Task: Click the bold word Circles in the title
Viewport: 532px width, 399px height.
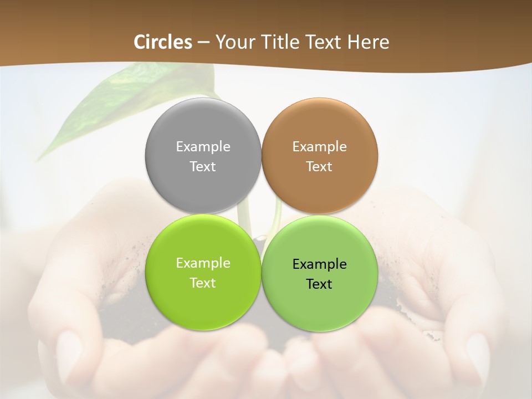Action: (x=163, y=42)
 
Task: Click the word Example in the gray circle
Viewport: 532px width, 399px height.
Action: (x=203, y=147)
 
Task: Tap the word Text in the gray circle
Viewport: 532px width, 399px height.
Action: (x=203, y=167)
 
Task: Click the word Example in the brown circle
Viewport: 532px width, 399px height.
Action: (x=320, y=147)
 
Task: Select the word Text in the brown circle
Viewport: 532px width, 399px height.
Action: (x=320, y=167)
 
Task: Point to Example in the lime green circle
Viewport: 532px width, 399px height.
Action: (x=203, y=263)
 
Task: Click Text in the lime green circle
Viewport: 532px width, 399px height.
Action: (x=203, y=283)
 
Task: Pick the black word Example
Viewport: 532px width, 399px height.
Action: (x=320, y=264)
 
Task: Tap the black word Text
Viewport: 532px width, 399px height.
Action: (x=320, y=284)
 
